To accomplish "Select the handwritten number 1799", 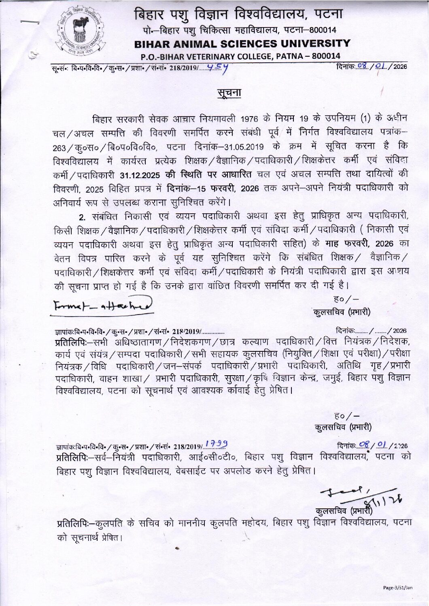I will point(216,444).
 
